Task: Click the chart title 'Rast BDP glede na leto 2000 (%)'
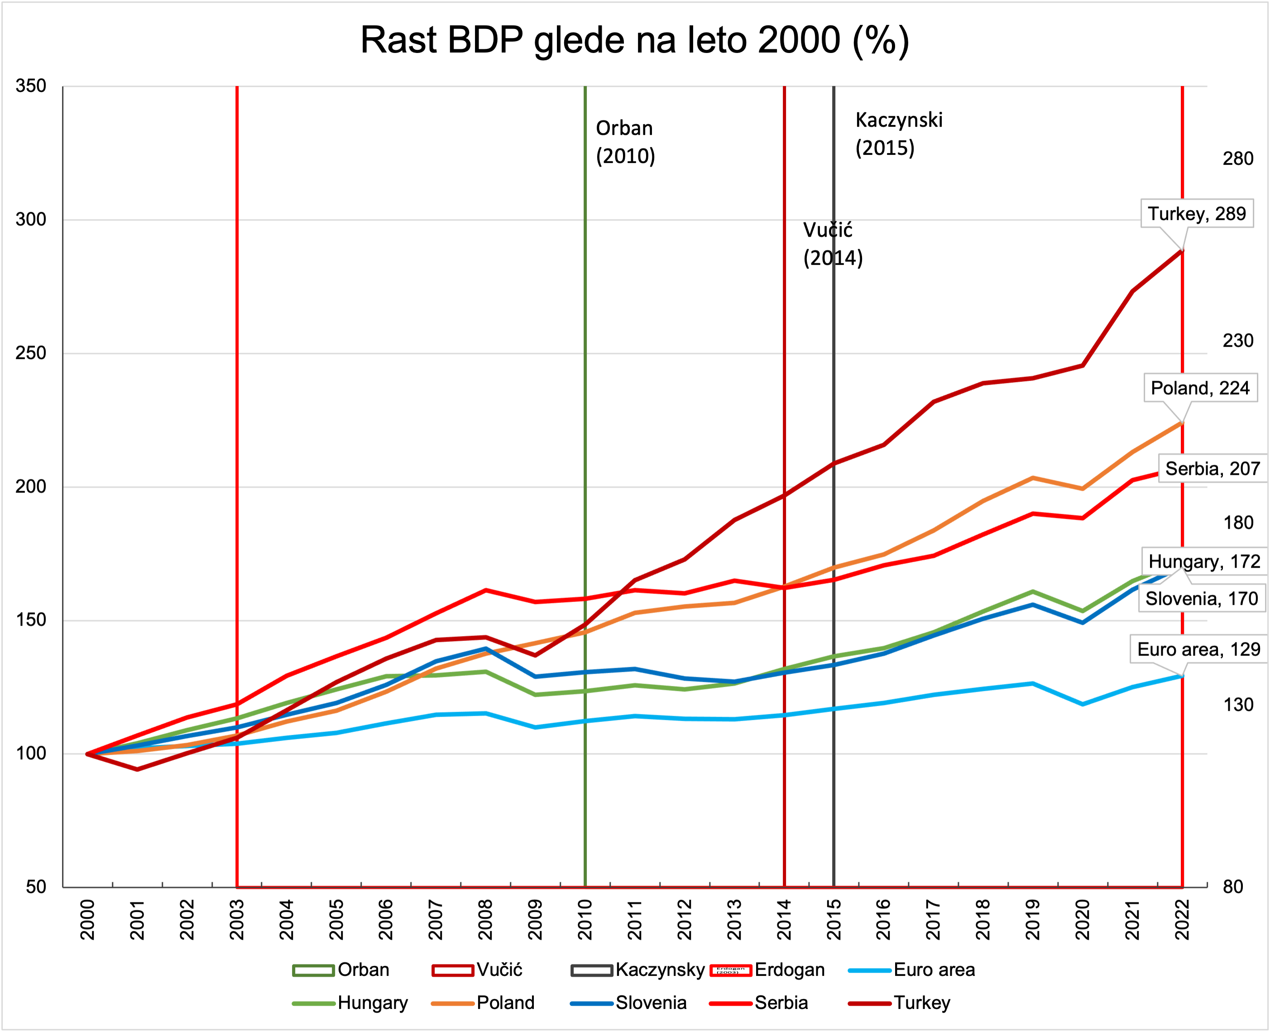coord(634,40)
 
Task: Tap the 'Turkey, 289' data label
coord(1196,214)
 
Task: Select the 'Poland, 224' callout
coord(1200,388)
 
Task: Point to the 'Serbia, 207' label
coord(1212,469)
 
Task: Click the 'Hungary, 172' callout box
coord(1204,561)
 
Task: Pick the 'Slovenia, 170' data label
coord(1202,598)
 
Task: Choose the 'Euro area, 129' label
coord(1198,649)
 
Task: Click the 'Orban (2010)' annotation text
coord(625,142)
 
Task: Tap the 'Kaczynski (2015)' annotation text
coord(899,134)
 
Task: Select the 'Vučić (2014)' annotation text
coord(833,244)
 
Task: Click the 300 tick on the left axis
coord(31,219)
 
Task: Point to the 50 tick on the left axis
coord(36,887)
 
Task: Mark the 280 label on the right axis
coord(1238,159)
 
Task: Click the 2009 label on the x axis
coord(536,919)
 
